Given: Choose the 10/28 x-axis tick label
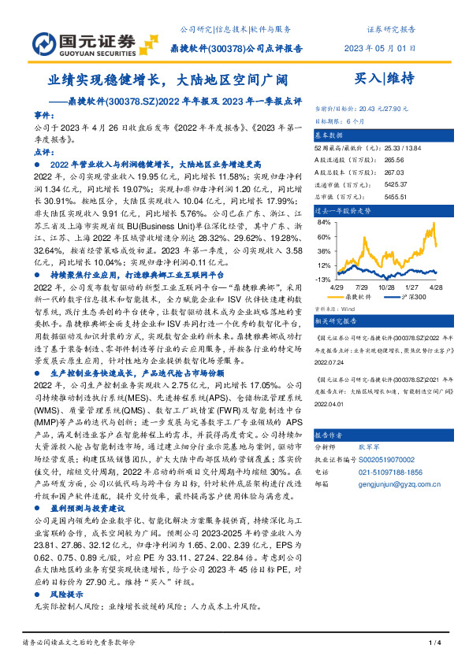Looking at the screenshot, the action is click(x=387, y=288).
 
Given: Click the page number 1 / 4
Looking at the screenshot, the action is click(x=433, y=643).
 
